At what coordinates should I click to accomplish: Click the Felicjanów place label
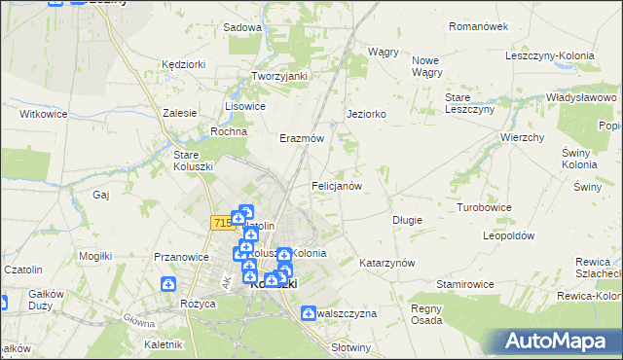click(x=337, y=185)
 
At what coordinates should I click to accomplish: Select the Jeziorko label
click(x=367, y=114)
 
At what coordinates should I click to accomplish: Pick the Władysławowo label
click(x=582, y=98)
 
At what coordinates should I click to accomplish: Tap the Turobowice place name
click(x=485, y=208)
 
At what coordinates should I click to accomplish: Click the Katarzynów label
click(x=387, y=264)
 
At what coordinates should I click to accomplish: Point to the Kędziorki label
click(x=184, y=64)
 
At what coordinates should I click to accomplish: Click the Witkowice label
click(x=43, y=114)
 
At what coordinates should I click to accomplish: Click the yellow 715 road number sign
click(x=220, y=223)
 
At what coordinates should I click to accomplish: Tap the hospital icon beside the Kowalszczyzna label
click(x=310, y=313)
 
